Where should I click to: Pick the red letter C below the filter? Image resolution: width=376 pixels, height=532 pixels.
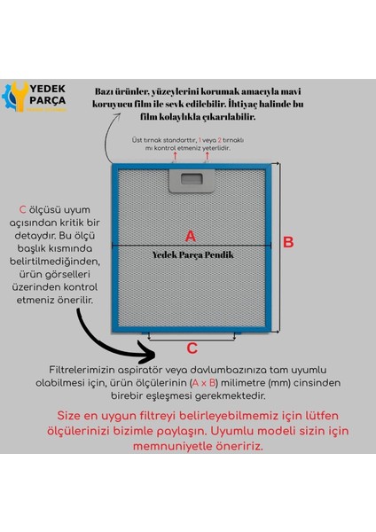point(192,348)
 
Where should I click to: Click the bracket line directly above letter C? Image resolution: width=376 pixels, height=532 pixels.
point(192,335)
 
